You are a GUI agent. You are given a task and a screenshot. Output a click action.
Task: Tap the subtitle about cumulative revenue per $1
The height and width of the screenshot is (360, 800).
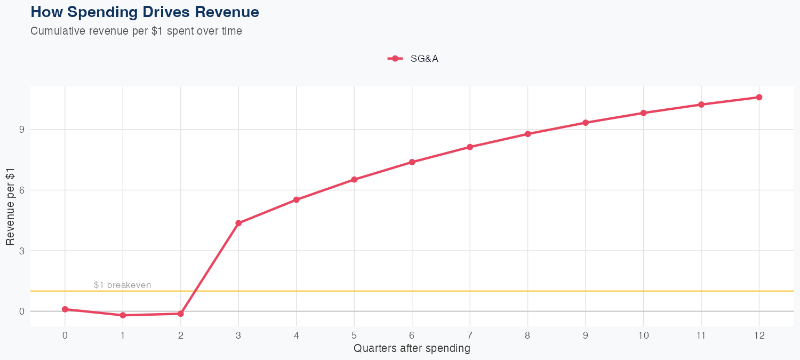tap(137, 31)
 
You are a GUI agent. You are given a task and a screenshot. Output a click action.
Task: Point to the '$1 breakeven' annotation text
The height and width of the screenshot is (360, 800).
tap(122, 285)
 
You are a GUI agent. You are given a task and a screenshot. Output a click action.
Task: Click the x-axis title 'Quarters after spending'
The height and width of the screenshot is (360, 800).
tap(412, 349)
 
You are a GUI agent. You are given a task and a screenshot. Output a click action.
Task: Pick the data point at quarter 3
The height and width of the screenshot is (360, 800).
tap(238, 223)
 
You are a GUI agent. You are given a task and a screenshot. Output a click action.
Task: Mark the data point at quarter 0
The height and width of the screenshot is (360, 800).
tap(65, 309)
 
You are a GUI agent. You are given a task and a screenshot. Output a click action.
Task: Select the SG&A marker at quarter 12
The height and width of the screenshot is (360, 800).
tap(759, 97)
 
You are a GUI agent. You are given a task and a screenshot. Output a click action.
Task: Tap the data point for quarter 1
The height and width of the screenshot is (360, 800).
tap(123, 315)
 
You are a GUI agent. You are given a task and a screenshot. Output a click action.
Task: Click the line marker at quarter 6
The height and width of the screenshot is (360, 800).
tap(412, 162)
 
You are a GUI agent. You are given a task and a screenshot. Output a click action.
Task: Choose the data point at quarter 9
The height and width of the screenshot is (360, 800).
tap(586, 123)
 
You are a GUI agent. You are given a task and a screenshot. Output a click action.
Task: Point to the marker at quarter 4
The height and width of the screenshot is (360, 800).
tap(296, 200)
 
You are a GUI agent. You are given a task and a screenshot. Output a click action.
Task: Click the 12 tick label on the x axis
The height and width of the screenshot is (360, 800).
tap(759, 335)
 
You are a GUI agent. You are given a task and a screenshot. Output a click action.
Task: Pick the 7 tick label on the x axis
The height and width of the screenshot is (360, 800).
tap(470, 335)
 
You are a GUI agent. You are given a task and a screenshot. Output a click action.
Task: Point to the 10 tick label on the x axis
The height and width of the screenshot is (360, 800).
tap(643, 335)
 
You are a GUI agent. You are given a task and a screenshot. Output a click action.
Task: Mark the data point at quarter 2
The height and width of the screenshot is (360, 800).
tap(181, 314)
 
